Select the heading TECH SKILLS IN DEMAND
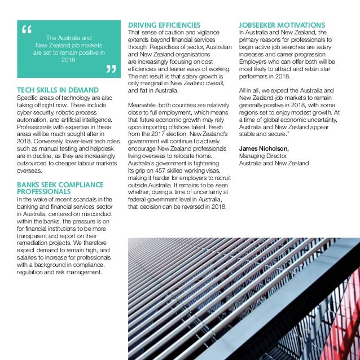coord(58,90)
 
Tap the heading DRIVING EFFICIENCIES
coord(164,25)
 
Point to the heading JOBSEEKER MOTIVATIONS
coord(282,25)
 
